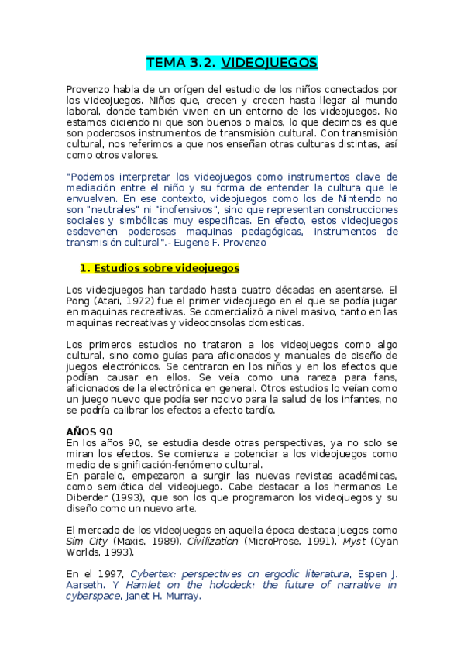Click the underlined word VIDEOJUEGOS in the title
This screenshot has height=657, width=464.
point(270,64)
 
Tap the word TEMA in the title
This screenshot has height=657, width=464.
point(164,64)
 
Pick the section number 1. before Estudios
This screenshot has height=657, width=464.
point(85,268)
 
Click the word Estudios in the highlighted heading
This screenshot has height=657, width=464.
point(117,268)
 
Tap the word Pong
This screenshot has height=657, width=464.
point(81,301)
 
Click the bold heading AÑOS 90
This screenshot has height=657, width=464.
point(90,432)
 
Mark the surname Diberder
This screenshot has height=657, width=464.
point(89,497)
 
